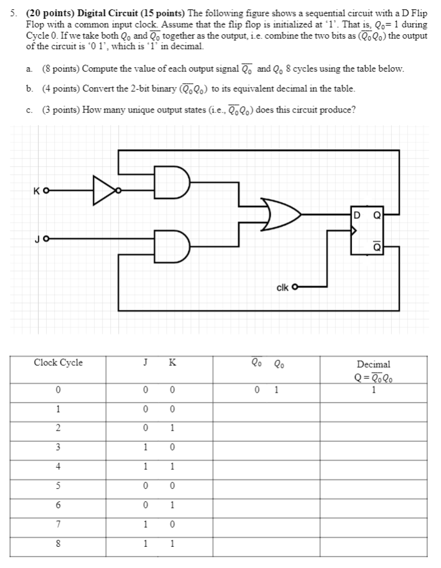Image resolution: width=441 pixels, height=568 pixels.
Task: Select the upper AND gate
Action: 172,182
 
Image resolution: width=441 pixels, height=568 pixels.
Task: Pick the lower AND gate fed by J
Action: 172,245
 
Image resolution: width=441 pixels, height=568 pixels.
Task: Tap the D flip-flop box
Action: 366,231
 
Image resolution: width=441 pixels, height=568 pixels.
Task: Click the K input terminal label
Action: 37,190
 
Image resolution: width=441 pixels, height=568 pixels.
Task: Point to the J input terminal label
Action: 37,238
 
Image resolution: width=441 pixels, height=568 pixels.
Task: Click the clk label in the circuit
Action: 282,287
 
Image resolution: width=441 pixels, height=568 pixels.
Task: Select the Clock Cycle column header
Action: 58,363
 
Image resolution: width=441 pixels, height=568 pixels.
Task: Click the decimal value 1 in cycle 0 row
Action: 373,391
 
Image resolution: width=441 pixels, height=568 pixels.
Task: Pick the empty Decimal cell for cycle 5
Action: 373,485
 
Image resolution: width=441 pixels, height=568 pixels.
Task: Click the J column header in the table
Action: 144,363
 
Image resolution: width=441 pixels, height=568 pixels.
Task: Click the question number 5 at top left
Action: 14,13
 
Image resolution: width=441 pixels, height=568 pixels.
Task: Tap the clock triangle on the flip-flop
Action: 355,230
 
